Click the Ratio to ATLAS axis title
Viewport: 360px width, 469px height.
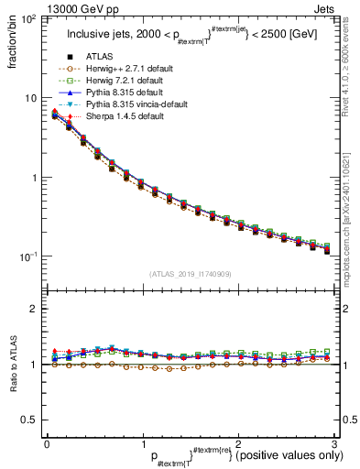12,365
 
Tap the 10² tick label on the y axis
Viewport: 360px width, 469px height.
29,19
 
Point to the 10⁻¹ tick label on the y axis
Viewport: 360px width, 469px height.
28,256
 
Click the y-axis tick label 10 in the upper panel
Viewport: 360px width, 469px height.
31,98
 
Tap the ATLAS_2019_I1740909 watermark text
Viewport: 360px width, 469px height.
190,274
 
